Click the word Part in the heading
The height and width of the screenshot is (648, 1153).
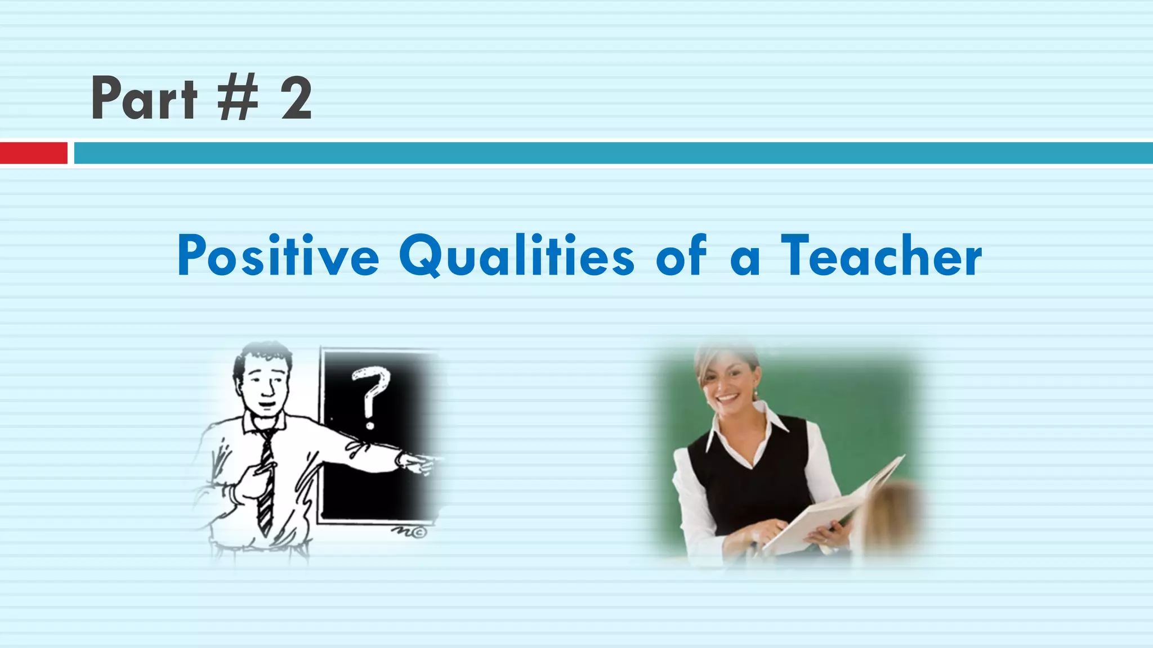(144, 99)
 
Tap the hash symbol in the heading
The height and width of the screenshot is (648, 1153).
(238, 99)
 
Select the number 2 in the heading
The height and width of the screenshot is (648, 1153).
(296, 99)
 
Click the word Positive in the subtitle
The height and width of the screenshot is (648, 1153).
(278, 256)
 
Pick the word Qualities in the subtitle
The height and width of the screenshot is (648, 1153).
(517, 256)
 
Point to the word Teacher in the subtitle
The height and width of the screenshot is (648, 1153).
(881, 256)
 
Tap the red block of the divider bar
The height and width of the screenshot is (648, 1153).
(33, 153)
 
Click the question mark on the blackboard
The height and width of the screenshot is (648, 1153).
(370, 397)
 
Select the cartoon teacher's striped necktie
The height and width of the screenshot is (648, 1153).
(266, 484)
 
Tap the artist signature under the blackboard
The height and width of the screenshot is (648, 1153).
(409, 532)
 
